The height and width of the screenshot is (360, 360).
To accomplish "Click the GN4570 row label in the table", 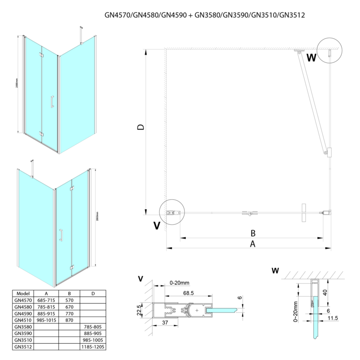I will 23,300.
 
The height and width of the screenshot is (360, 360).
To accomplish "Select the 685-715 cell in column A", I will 47,300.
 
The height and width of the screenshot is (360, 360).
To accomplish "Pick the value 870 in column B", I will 69,319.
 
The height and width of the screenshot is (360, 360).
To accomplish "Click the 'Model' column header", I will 23,293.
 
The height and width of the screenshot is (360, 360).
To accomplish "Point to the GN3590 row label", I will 23,333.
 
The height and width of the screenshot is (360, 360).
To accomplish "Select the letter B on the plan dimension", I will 253,233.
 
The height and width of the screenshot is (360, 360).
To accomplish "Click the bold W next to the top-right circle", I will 312,59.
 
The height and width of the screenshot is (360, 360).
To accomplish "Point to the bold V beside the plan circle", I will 156,226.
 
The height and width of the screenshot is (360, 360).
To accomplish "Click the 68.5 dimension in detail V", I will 188,293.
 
